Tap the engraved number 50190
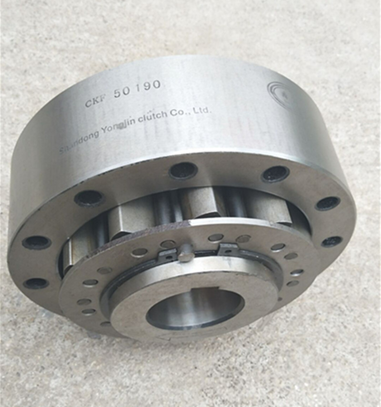point(137,88)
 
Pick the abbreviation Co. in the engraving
point(180,113)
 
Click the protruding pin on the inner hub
point(185,253)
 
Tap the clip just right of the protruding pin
point(228,248)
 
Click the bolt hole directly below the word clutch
point(183,170)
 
